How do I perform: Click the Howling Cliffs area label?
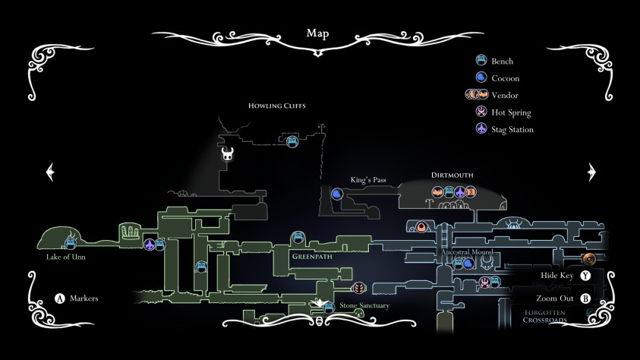tap(277, 106)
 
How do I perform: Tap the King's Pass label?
tap(367, 179)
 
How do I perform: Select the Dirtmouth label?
tap(452, 175)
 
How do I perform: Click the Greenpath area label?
tap(312, 257)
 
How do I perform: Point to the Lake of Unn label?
tap(66, 257)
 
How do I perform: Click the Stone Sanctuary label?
tap(364, 305)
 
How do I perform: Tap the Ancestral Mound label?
tap(467, 252)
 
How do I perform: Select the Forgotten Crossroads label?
tap(545, 316)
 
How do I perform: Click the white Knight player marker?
tap(227, 154)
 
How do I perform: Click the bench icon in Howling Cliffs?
tap(292, 142)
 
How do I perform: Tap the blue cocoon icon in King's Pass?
tap(337, 194)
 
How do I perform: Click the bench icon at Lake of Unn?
tap(71, 244)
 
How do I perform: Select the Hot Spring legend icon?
tap(481, 112)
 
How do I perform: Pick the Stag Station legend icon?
tap(481, 129)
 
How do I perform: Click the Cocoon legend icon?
tap(481, 77)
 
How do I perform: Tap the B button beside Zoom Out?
tap(585, 298)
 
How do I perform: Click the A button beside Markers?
tap(60, 298)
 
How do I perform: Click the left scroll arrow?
tap(50, 172)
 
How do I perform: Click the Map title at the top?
tap(317, 33)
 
